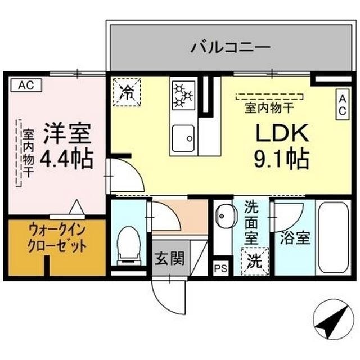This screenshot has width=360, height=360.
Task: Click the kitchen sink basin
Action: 183,136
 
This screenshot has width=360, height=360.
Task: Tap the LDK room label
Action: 282,133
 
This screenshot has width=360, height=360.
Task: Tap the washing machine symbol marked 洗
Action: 255,260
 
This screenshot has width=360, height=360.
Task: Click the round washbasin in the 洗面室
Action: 226,214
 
